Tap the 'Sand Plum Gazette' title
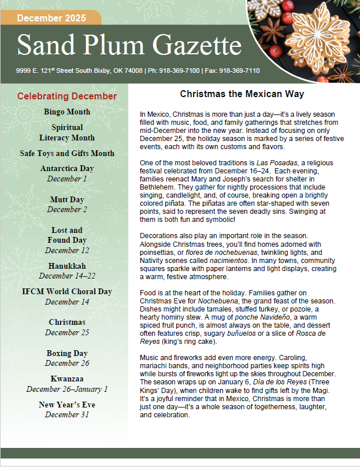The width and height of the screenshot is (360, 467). [129, 46]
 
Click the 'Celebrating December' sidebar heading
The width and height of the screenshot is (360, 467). [67, 97]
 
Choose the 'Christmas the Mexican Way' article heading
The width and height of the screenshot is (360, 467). [242, 94]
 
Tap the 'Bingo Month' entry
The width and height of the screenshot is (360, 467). [67, 112]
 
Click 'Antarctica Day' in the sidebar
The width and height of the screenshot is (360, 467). [67, 169]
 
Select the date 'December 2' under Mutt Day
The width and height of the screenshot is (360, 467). [67, 209]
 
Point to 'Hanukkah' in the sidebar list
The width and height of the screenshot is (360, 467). [67, 266]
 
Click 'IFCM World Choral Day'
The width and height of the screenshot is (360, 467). [67, 292]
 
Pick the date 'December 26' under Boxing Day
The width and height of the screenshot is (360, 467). [67, 363]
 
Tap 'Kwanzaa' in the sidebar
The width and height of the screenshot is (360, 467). [67, 379]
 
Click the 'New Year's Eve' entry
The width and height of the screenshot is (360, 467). [67, 405]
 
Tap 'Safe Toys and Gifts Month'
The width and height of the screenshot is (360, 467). [67, 154]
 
